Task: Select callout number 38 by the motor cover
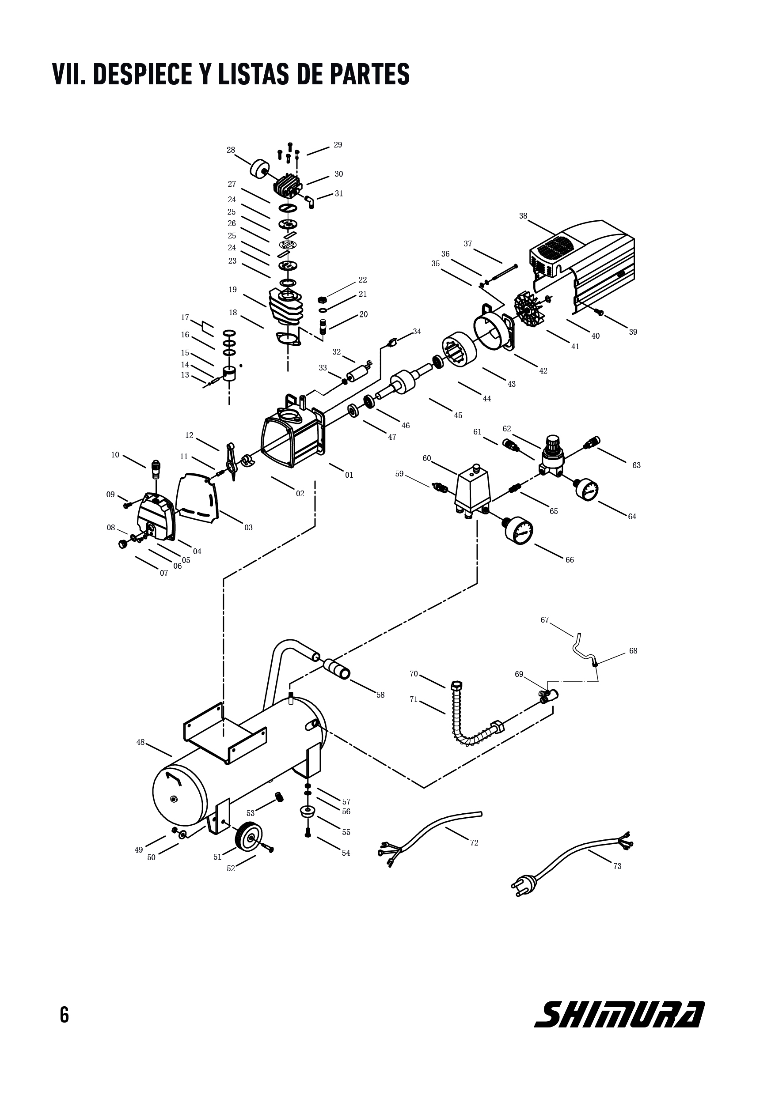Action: click(523, 216)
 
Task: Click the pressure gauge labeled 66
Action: click(519, 530)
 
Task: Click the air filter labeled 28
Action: click(260, 169)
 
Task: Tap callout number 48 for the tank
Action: click(141, 742)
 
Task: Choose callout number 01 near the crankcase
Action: click(350, 475)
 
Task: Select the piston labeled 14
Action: click(230, 374)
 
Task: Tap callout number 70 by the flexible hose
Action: click(414, 674)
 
